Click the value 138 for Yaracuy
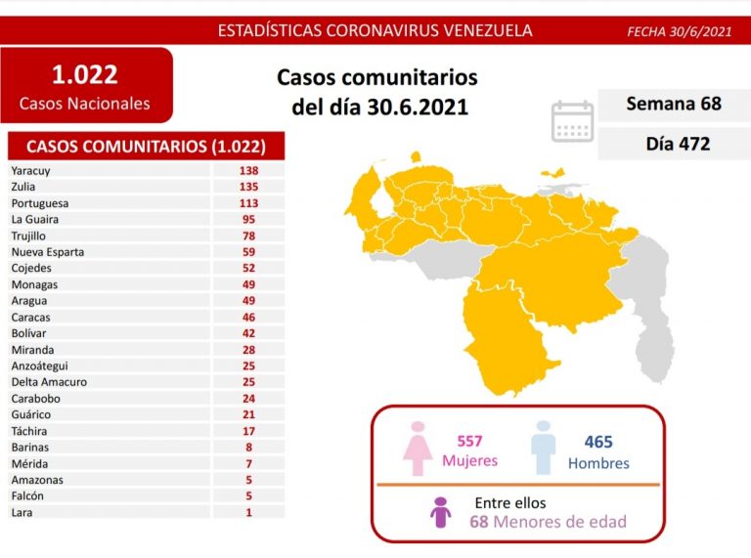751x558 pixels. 248,170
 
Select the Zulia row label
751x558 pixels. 24,187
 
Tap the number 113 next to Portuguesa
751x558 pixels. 248,203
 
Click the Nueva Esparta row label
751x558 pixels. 48,252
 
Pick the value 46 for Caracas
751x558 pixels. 248,317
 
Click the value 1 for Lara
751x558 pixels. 248,512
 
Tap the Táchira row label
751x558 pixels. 29,431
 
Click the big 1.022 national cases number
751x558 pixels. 85,74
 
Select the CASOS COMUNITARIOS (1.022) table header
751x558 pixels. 146,147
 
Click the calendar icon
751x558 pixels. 572,121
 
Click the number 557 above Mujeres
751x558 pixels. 469,442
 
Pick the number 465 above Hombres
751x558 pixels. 598,442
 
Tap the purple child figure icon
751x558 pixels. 441,513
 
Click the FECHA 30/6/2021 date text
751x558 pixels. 679,31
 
